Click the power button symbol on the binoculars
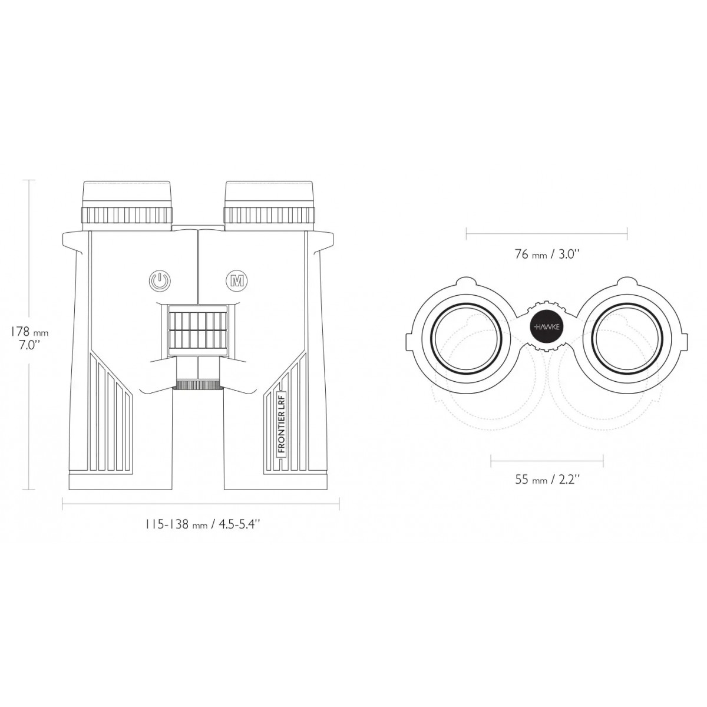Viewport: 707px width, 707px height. click(160, 281)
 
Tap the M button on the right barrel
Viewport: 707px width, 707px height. click(237, 281)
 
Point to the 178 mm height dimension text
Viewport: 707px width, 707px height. click(29, 332)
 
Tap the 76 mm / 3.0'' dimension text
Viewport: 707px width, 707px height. click(546, 255)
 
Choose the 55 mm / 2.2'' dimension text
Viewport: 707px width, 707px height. click(547, 479)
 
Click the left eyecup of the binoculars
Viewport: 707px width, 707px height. click(127, 194)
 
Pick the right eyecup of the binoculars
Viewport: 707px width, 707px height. click(269, 194)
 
